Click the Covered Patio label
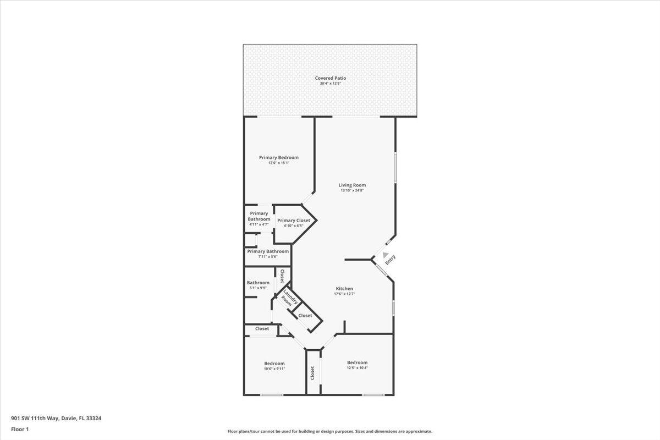pyautogui.click(x=330, y=78)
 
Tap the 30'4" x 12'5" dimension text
pyautogui.click(x=330, y=84)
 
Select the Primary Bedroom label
pyautogui.click(x=279, y=157)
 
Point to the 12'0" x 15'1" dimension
pyautogui.click(x=279, y=163)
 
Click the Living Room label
pyautogui.click(x=352, y=185)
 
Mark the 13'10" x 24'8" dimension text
pyautogui.click(x=352, y=190)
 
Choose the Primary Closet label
pyautogui.click(x=294, y=221)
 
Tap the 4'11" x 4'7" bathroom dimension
pyautogui.click(x=258, y=224)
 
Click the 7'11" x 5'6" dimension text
pyautogui.click(x=268, y=256)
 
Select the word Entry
pyautogui.click(x=390, y=260)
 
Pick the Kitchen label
pyautogui.click(x=344, y=289)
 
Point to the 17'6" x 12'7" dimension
pyautogui.click(x=344, y=294)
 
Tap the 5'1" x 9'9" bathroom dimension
pyautogui.click(x=258, y=288)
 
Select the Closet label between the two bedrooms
pyautogui.click(x=312, y=373)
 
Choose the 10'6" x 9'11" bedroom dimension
pyautogui.click(x=274, y=369)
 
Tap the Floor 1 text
pyautogui.click(x=20, y=429)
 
